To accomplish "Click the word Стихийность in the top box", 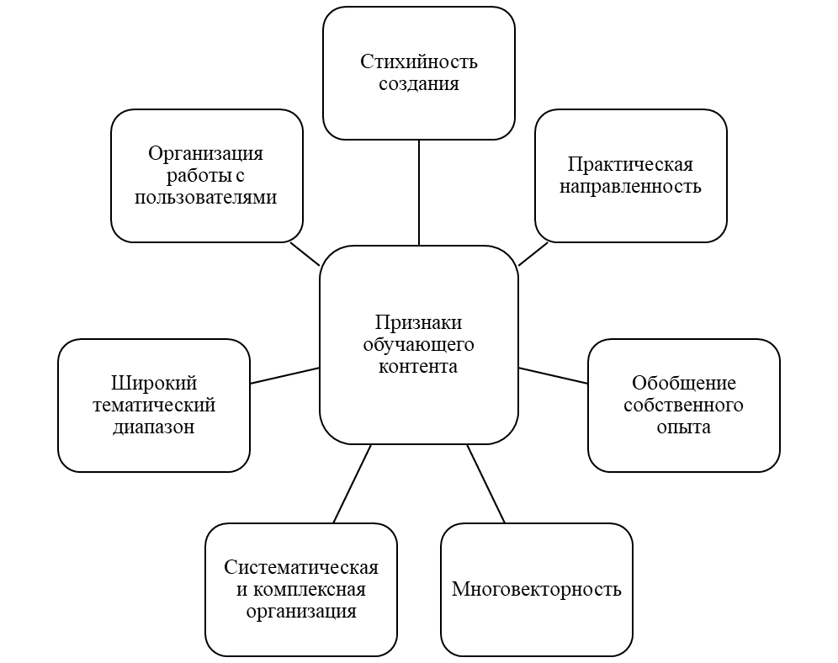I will tap(418, 62).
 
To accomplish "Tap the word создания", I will tap(418, 83).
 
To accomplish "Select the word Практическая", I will tap(630, 165).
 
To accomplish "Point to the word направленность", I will tap(630, 186).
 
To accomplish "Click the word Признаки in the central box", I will tap(418, 323).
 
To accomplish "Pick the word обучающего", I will tap(418, 345).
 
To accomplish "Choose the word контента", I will tap(418, 366).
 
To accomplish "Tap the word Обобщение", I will tap(683, 384).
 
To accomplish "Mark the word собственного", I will tap(683, 406).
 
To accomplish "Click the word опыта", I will tap(683, 427).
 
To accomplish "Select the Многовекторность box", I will tap(536, 589).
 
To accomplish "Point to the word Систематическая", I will tap(300, 567).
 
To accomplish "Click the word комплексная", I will tap(310, 589).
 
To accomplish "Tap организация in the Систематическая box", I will tap(300, 611).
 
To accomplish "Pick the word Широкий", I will tap(153, 384).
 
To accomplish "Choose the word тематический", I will tap(153, 406).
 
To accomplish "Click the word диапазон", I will tap(153, 427).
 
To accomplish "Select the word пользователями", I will tap(205, 197).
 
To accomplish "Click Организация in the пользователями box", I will tap(205, 154).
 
